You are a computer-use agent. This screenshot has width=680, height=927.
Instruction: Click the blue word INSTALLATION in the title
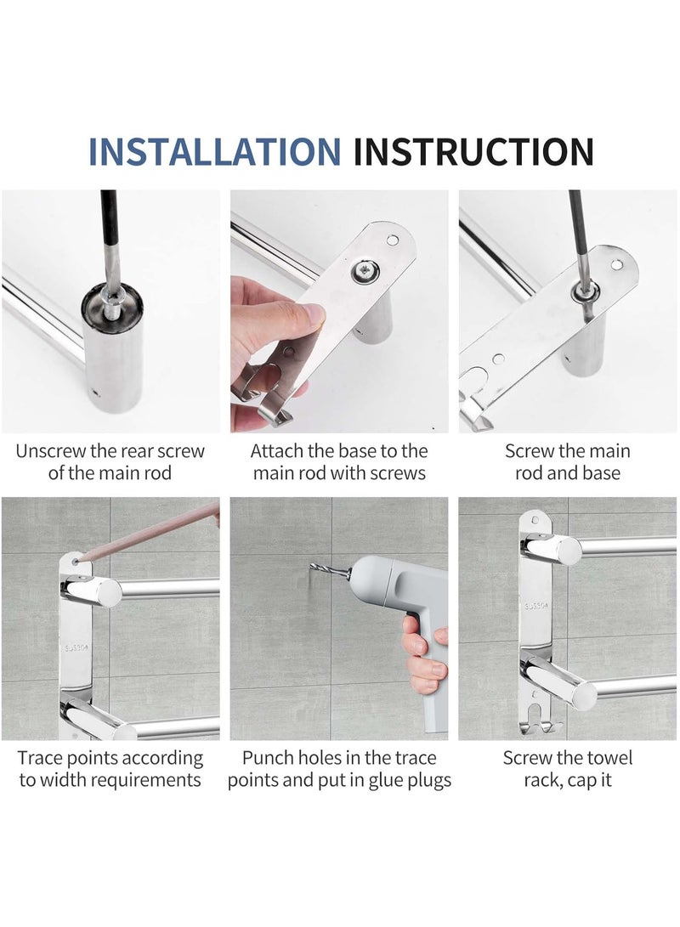pyautogui.click(x=214, y=151)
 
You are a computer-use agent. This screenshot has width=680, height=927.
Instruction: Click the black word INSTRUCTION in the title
pyautogui.click(x=473, y=151)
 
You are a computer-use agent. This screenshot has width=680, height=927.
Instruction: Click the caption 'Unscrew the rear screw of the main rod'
pyautogui.click(x=110, y=461)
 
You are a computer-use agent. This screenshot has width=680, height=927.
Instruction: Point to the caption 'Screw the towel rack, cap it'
pyautogui.click(x=568, y=768)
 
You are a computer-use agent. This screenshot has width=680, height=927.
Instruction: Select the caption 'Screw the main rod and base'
pyautogui.click(x=568, y=461)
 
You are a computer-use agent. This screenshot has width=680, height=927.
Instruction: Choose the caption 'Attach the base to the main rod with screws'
pyautogui.click(x=338, y=461)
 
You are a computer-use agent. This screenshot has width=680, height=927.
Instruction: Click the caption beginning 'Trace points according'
pyautogui.click(x=110, y=768)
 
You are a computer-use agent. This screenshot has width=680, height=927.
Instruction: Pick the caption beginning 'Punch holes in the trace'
pyautogui.click(x=338, y=768)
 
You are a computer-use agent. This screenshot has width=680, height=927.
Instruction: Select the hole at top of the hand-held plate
pyautogui.click(x=392, y=240)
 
